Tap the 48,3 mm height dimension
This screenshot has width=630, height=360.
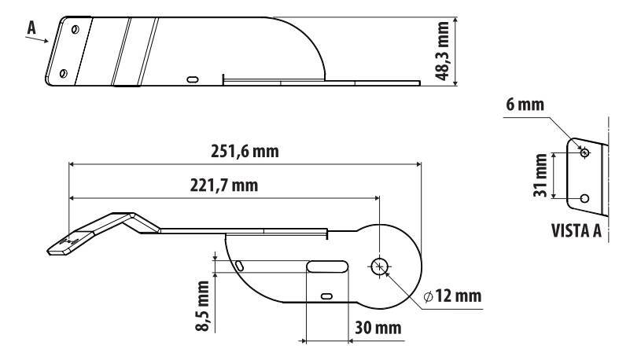point(446,52)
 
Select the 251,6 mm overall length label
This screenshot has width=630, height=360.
point(243,151)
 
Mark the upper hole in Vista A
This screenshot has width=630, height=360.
point(584,152)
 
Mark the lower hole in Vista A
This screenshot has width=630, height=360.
point(584,198)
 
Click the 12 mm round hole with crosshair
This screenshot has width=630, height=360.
point(379,267)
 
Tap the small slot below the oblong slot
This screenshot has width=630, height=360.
point(326,296)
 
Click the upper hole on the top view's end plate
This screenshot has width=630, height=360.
point(73,29)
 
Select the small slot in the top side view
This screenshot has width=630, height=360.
point(193,79)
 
